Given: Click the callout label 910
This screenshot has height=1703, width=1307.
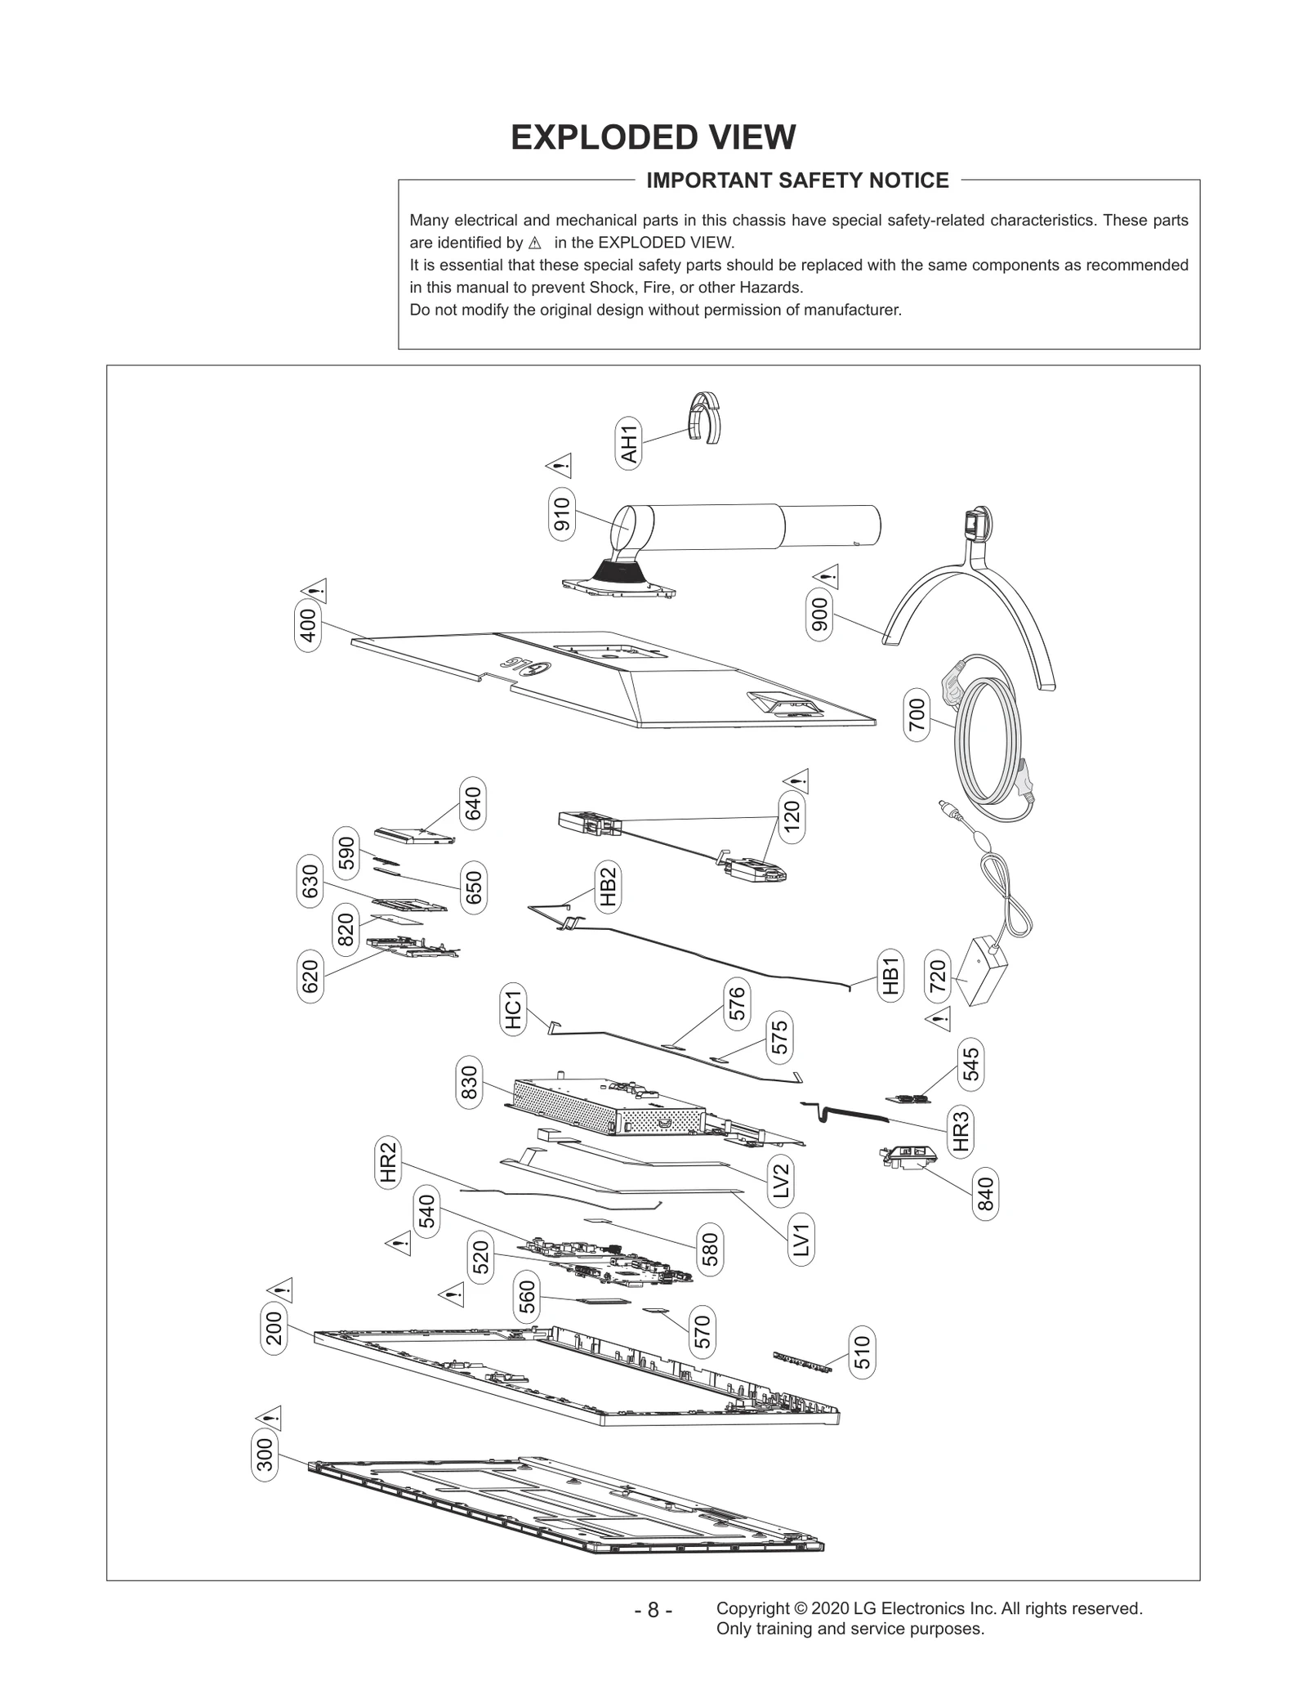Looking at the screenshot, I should pos(562,513).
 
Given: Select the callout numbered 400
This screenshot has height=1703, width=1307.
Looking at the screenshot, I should pos(308,628).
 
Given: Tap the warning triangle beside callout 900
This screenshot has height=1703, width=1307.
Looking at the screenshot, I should pos(827,576).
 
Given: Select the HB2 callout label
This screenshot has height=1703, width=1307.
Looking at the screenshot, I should pos(608,887).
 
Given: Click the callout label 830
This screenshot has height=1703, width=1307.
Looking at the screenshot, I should pos(470,1082).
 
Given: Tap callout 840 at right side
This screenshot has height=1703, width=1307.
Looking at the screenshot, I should pos(986,1194).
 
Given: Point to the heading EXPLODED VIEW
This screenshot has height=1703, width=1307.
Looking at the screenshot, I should pos(653,137).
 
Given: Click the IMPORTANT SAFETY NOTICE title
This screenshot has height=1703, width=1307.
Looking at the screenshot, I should pos(797,181).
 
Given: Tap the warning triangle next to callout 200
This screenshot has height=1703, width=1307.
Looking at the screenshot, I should pos(280,1290).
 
